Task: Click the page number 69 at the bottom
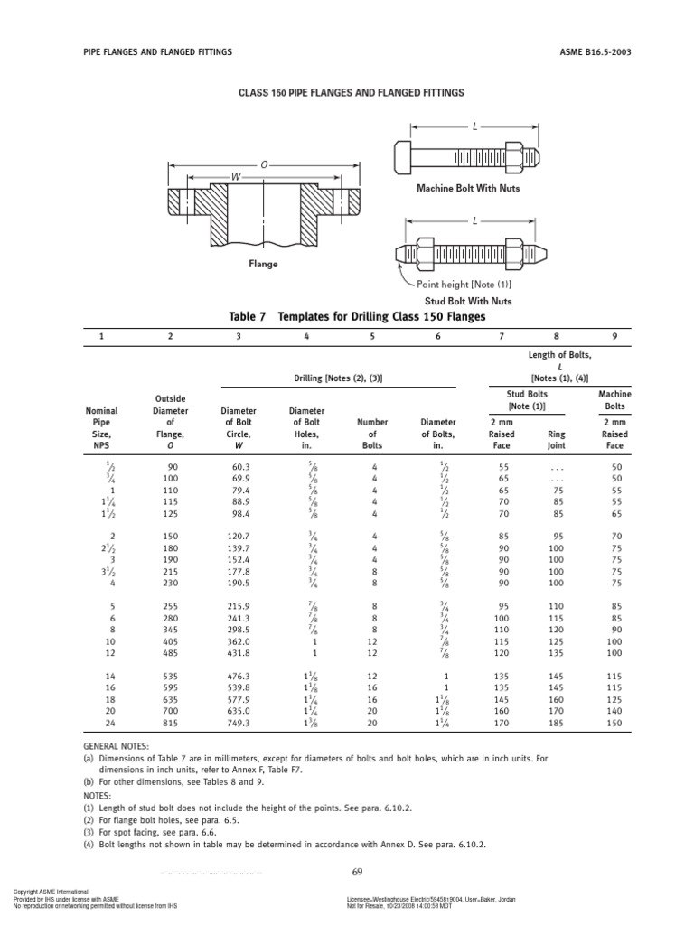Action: (356, 871)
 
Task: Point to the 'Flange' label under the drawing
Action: (263, 265)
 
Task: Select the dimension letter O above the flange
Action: (265, 165)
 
